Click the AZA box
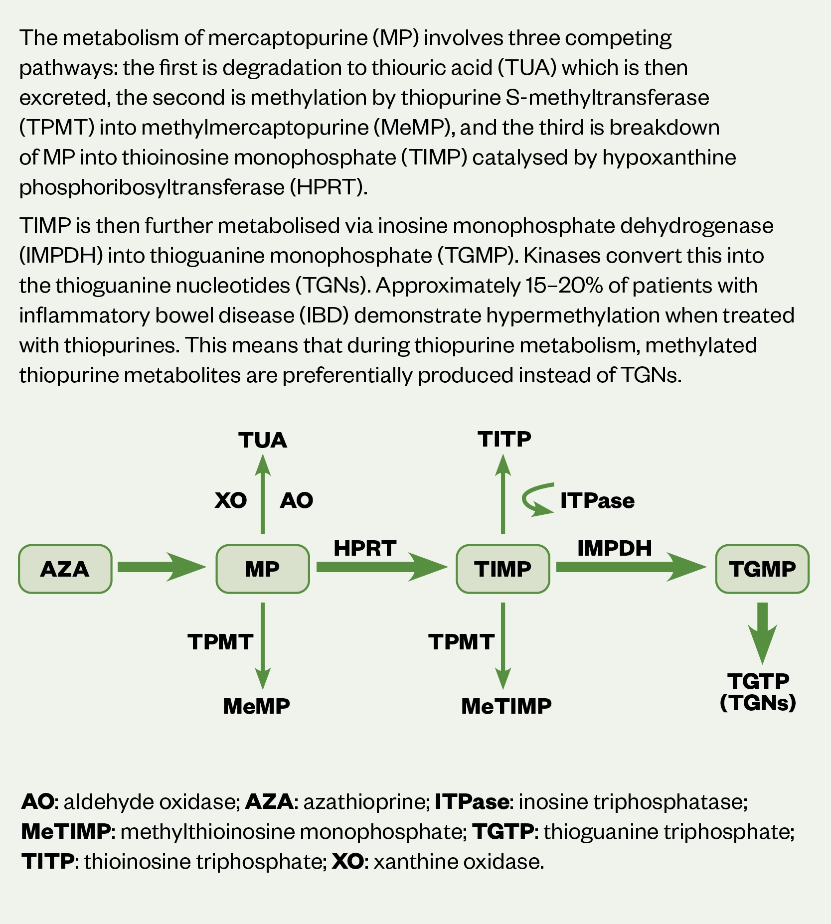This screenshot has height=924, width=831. (x=65, y=569)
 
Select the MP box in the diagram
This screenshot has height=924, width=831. (x=262, y=569)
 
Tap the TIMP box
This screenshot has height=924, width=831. (x=502, y=569)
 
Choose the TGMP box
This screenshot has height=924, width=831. (x=762, y=569)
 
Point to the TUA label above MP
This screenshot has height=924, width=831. (x=263, y=440)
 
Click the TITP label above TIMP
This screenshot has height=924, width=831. (x=504, y=439)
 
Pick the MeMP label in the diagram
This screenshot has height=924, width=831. (x=256, y=706)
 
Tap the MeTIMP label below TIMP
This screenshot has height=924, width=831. (x=506, y=706)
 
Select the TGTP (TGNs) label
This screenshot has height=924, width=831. (x=758, y=692)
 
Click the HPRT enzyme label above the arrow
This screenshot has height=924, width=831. (x=365, y=548)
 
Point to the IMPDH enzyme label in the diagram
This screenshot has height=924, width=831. (x=614, y=548)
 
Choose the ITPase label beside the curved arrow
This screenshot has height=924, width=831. (x=597, y=500)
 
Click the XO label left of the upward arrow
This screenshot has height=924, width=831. (x=231, y=500)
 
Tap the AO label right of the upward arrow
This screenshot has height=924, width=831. (x=297, y=500)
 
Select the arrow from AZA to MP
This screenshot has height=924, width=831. (x=161, y=567)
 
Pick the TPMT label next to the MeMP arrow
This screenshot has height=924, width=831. (x=220, y=642)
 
